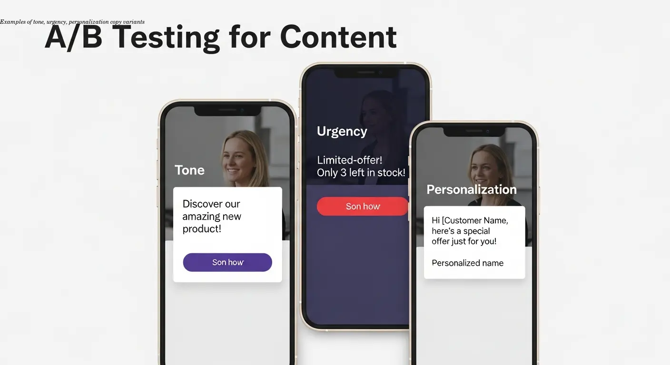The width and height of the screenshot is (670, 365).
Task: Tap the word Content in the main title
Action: (x=338, y=37)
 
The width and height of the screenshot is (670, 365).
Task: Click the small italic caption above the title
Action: (x=72, y=22)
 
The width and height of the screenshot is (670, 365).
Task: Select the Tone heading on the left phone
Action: (x=189, y=170)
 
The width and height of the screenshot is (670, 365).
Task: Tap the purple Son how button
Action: (x=227, y=262)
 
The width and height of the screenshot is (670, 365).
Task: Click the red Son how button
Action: (x=363, y=206)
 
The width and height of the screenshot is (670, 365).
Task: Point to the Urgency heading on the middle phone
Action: (x=342, y=132)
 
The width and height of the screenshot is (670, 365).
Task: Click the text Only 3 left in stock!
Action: (x=361, y=173)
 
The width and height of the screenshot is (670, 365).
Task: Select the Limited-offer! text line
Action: (x=350, y=160)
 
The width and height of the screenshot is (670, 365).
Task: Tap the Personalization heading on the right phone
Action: (x=471, y=190)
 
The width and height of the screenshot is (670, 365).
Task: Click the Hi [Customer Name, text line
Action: (x=470, y=221)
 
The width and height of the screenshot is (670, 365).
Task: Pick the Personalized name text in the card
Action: (x=467, y=263)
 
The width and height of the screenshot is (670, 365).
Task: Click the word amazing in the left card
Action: (x=212, y=217)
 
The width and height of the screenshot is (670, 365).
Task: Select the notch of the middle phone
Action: (x=365, y=73)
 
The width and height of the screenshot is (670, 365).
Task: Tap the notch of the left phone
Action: (x=227, y=110)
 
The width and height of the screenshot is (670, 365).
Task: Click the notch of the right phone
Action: (x=474, y=131)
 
